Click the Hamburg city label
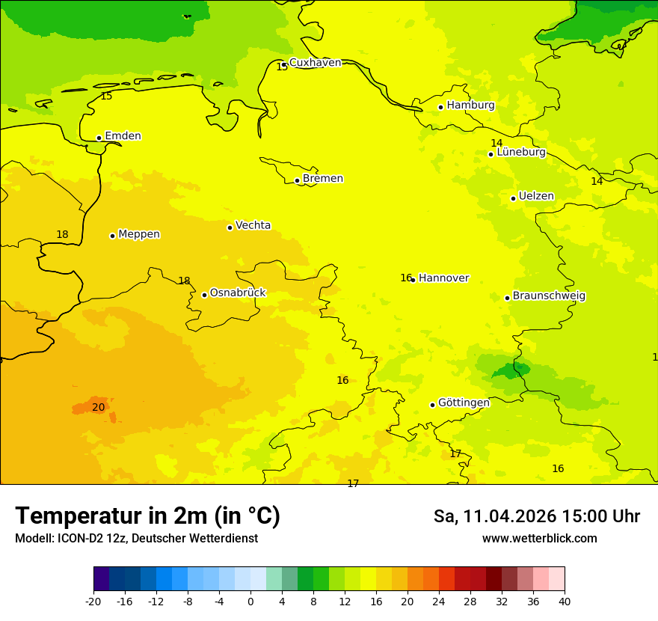470,105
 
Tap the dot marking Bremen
297,180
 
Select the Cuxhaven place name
315,63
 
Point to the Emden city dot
99,138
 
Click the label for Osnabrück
238,293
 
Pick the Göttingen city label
464,403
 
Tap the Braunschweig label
549,296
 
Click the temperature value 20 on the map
98,408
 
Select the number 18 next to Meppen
62,235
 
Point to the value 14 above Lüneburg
496,144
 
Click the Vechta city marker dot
230,227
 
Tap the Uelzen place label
536,197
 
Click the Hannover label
443,278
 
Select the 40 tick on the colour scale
564,601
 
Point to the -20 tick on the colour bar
93,601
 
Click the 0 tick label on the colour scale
250,601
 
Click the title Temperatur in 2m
147,516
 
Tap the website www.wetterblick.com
539,539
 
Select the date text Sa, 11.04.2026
493,516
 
